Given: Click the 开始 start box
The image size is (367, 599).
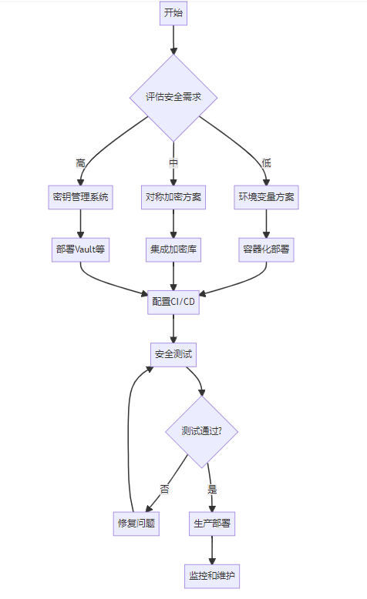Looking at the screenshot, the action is (x=173, y=13).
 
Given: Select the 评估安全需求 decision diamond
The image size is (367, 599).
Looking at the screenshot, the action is (x=173, y=98).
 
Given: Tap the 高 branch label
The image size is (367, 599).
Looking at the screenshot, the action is (x=80, y=163).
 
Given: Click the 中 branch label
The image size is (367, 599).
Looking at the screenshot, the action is (x=173, y=163).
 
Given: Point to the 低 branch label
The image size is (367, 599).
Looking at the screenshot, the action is (x=266, y=163).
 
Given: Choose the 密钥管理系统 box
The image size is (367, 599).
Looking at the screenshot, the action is (x=80, y=197).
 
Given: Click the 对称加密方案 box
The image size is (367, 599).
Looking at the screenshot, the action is (x=173, y=197).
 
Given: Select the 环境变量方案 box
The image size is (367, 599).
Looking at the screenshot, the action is (x=266, y=197).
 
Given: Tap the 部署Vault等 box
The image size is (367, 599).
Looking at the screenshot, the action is (x=80, y=249).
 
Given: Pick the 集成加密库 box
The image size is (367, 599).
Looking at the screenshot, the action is (x=173, y=249).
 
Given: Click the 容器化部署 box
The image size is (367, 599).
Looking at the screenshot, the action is (x=266, y=249).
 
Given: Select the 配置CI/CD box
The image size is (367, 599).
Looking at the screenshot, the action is (x=173, y=302).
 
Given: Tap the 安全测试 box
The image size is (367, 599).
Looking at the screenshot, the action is (x=173, y=354).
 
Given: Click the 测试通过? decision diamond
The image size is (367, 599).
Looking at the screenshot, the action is (x=202, y=432).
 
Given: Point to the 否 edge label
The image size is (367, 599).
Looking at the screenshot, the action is (x=164, y=490).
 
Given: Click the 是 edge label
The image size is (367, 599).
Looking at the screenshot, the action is (x=212, y=490).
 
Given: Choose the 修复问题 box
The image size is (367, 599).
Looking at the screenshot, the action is (x=136, y=524).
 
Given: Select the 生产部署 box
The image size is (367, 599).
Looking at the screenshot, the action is (x=212, y=524).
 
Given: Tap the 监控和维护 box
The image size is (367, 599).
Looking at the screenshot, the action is (x=212, y=576).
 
